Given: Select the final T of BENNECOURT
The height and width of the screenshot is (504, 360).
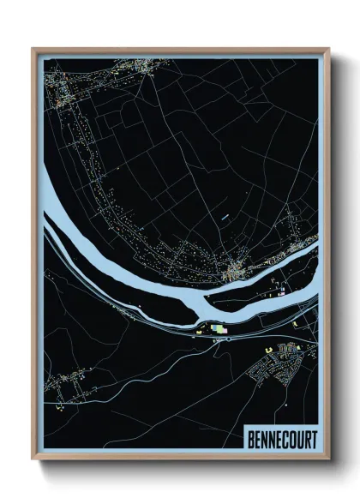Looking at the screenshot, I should (313, 438).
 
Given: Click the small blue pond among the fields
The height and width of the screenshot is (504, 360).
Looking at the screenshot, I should (225, 218).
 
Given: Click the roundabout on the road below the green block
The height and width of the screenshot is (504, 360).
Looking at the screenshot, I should (228, 339).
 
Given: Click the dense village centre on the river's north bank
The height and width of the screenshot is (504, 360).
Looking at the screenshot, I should (233, 273).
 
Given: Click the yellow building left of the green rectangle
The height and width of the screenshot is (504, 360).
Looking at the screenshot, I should (203, 327).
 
